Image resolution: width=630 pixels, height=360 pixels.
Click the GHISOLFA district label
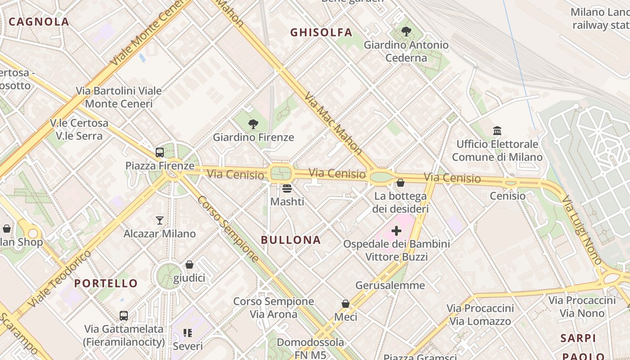point(321,32)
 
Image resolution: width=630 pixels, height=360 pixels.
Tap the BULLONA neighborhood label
point(291,240)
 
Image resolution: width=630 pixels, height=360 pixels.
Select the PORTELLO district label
point(106,283)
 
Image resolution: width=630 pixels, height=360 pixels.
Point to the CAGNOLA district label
point(39,22)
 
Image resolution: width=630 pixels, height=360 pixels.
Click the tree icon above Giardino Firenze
point(253,124)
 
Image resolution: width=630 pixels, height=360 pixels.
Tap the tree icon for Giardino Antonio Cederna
point(406,31)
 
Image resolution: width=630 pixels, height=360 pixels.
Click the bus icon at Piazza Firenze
point(160,153)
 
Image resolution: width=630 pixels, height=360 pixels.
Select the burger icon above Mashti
point(287,188)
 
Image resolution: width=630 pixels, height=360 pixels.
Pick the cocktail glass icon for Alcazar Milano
point(160,220)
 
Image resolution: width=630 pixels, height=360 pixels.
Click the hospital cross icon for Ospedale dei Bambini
point(396,231)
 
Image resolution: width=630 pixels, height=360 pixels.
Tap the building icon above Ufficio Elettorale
point(497,131)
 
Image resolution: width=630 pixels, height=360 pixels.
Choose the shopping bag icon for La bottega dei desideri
point(400,183)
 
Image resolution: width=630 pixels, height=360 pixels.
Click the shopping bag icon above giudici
point(189,265)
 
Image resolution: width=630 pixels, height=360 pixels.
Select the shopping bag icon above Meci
point(346,304)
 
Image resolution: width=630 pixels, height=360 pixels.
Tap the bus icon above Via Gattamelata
point(124,316)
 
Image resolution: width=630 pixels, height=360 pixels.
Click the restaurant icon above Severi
point(188,333)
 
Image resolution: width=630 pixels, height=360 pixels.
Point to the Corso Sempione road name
point(228,229)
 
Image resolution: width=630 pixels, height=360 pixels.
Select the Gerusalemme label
point(390,285)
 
